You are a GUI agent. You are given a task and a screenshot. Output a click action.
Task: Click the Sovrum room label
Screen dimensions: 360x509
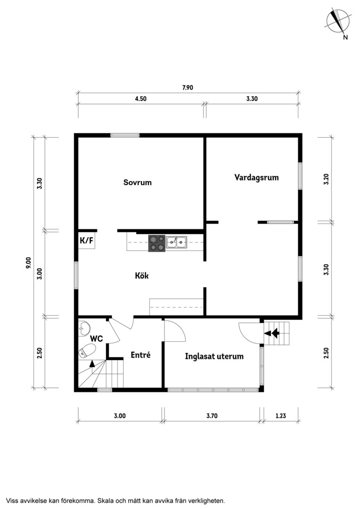pos(137,182)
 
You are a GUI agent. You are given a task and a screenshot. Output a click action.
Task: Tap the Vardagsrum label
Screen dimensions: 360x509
pos(256,178)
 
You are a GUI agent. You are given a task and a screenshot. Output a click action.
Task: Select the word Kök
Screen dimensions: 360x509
pos(142,276)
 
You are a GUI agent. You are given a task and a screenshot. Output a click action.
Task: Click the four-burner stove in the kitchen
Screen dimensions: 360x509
pos(157,243)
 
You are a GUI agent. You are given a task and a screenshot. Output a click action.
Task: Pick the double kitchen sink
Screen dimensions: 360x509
pos(177,242)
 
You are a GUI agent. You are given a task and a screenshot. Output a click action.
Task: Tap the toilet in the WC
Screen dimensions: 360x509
pos(87,351)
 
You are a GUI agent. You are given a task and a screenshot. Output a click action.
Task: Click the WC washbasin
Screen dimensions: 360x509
pos(84,328)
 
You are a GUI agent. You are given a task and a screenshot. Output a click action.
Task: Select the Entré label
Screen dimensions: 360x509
pos(140,355)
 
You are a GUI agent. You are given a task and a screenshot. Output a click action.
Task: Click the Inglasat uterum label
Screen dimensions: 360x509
pos(214,356)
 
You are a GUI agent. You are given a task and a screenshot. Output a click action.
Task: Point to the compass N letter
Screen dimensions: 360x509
pos(345,37)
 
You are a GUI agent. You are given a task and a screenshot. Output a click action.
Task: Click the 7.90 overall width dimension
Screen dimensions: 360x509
pos(188,87)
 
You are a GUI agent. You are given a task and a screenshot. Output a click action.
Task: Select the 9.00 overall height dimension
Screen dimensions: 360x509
pos(29,263)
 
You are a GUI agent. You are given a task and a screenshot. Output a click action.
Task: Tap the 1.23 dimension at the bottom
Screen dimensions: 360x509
pos(281,416)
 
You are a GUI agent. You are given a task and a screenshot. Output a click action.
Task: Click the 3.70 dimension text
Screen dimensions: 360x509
pos(212,416)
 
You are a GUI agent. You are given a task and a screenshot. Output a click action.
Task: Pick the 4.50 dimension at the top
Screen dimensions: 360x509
pos(140,99)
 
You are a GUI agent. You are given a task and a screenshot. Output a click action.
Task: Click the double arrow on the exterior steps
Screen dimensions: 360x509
pos(272,333)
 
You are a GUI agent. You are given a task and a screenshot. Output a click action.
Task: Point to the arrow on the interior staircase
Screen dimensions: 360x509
pos(92,363)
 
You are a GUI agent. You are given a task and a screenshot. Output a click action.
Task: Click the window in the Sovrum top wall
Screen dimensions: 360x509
pos(125,135)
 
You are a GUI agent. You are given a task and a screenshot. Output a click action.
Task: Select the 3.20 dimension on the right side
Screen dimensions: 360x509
pos(326,179)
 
